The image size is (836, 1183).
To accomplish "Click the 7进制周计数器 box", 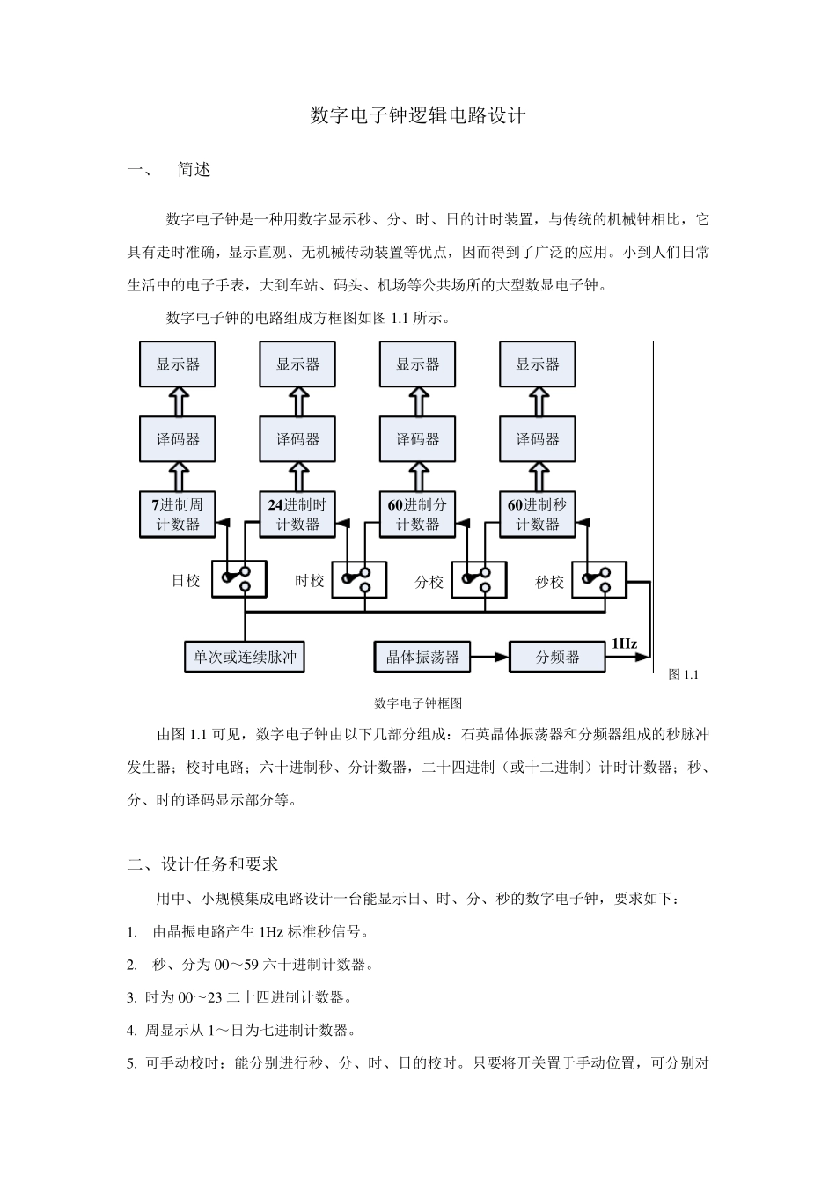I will (x=178, y=515).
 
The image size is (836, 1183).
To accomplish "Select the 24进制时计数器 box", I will (x=297, y=515).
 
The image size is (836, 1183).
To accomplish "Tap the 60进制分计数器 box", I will (x=417, y=515).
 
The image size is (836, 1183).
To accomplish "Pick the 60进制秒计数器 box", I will (x=537, y=515).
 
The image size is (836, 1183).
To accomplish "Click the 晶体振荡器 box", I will (x=422, y=658).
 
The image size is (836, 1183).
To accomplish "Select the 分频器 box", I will (x=558, y=658).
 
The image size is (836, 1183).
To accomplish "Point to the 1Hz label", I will (x=624, y=643).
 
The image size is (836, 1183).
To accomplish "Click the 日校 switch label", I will (x=186, y=581).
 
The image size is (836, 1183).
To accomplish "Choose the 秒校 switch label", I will (x=549, y=582).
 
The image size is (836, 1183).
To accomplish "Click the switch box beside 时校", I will (x=359, y=580).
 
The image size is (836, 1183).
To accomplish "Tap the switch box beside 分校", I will (x=479, y=580).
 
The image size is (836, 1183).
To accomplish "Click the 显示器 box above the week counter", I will (x=178, y=364).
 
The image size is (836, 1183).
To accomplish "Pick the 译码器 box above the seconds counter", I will (x=537, y=439).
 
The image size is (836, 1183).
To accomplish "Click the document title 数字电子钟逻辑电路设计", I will (x=418, y=115).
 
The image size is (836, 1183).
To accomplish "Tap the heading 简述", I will (x=194, y=170).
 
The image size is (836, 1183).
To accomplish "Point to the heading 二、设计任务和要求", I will (x=203, y=864).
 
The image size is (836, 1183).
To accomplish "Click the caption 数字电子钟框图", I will (x=418, y=703).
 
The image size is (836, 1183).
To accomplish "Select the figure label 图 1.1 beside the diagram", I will (x=683, y=674).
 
